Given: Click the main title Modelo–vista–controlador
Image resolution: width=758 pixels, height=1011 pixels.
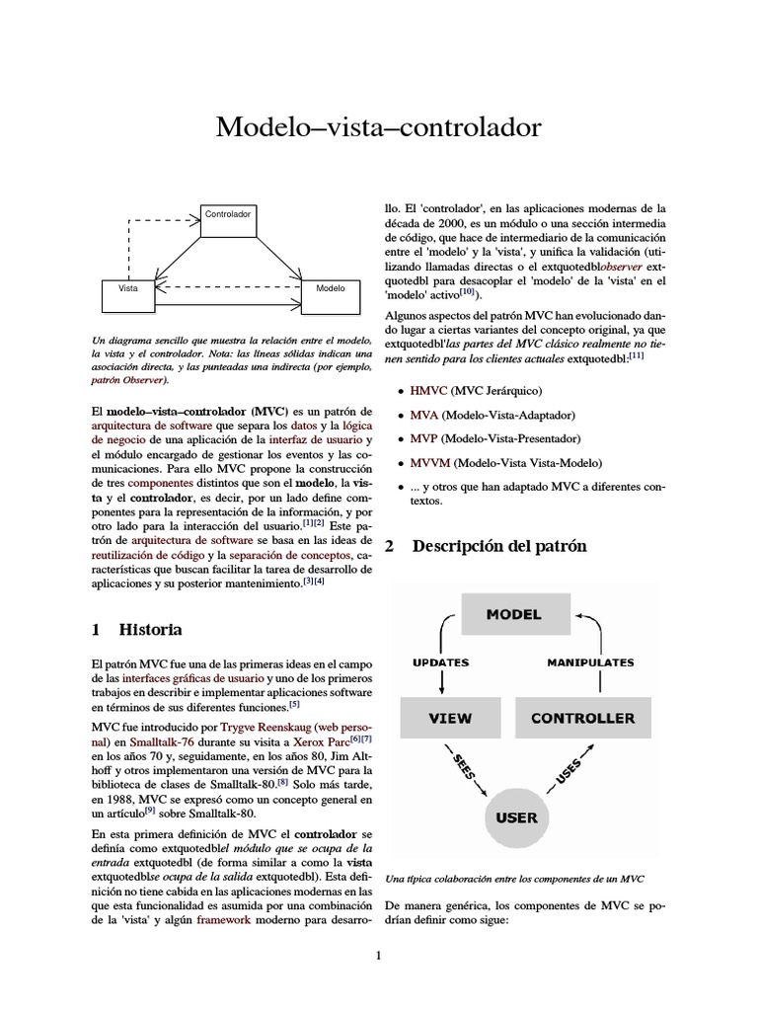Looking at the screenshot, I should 379,127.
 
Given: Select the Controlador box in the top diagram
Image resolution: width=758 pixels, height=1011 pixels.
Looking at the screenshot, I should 227,213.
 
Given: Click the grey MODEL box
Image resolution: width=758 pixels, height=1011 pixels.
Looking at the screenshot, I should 513,614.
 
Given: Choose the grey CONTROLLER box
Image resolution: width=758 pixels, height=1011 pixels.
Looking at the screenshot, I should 582,718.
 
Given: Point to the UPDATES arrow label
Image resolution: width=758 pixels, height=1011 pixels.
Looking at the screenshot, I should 440,662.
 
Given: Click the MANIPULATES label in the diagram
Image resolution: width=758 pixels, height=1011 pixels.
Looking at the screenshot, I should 589,662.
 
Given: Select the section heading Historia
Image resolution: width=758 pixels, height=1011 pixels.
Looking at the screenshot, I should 150,629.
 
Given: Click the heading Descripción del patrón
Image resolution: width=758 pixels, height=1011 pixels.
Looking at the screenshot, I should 498,546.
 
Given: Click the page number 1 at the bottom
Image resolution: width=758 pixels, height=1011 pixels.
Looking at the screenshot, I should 378,955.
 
